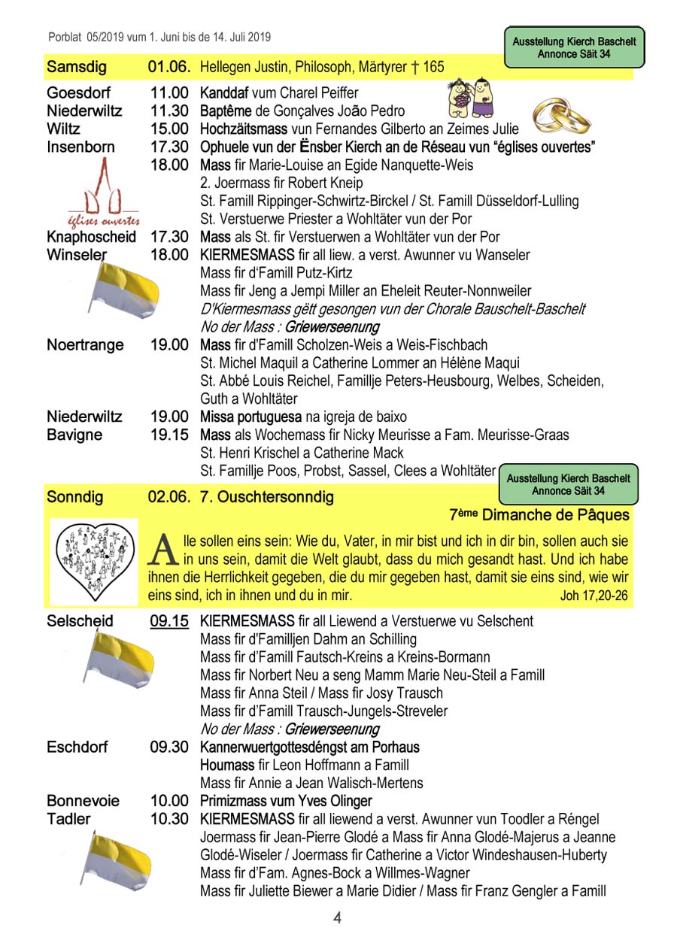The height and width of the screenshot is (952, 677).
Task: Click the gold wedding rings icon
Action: coord(562,116)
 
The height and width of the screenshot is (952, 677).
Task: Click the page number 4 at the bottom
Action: coord(338,918)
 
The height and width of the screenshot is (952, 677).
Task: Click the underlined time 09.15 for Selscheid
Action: coord(168,621)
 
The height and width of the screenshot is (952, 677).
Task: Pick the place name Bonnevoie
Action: coord(83,801)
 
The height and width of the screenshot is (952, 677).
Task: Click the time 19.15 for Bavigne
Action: coord(168,435)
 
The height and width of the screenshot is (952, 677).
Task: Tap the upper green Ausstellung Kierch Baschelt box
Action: coord(575,47)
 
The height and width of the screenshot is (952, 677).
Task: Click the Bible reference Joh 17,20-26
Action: coord(594,596)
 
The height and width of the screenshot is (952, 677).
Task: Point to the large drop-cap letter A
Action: coord(165,550)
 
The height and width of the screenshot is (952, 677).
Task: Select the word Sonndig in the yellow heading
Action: coord(75,497)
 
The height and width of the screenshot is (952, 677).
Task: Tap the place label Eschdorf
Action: coord(77,747)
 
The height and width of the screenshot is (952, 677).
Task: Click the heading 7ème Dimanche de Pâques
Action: coord(539,516)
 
